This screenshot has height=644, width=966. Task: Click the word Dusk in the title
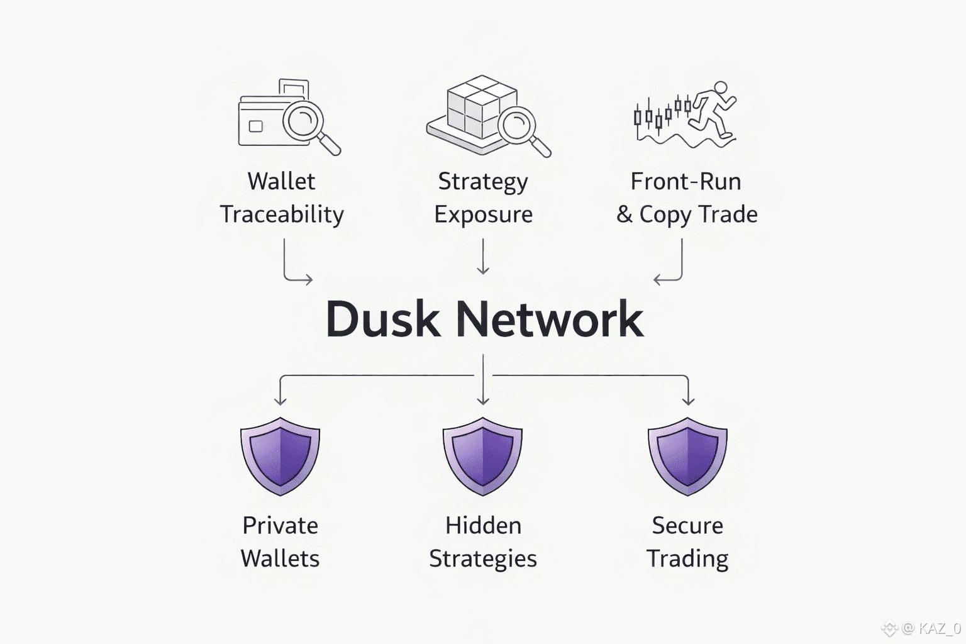pyautogui.click(x=382, y=319)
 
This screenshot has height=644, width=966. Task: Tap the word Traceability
pyautogui.click(x=282, y=214)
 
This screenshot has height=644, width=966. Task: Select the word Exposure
pyautogui.click(x=483, y=214)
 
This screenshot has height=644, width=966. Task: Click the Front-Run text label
pyautogui.click(x=686, y=181)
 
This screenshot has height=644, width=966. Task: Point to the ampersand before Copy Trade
pyautogui.click(x=624, y=214)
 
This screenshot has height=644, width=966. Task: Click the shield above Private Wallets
pyautogui.click(x=280, y=455)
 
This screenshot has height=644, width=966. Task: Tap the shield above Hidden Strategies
pyautogui.click(x=482, y=455)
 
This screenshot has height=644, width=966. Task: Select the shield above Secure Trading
pyautogui.click(x=687, y=455)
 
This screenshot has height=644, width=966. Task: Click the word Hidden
pyautogui.click(x=483, y=526)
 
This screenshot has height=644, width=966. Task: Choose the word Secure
pyautogui.click(x=687, y=526)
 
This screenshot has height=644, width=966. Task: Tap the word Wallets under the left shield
pyautogui.click(x=280, y=558)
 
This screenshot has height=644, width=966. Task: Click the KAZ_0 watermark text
pyautogui.click(x=939, y=628)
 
